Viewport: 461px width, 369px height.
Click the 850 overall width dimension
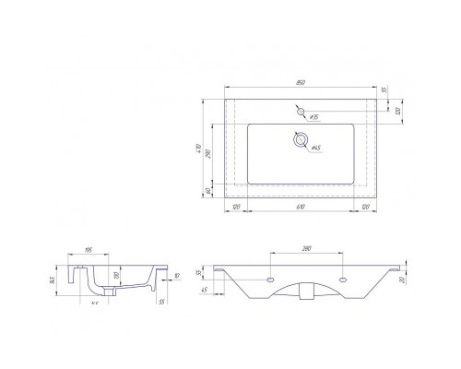click(x=300, y=84)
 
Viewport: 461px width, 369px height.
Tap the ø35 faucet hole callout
click(x=314, y=118)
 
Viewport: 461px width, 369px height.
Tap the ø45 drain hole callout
click(x=314, y=148)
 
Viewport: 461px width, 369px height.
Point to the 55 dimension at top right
click(x=383, y=90)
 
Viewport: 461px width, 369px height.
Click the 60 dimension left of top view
click(x=209, y=190)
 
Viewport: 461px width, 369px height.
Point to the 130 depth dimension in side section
click(x=112, y=275)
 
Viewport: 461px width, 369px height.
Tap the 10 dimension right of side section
click(x=173, y=274)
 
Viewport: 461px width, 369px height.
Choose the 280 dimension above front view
click(x=305, y=248)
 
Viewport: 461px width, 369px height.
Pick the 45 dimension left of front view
click(x=204, y=292)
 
